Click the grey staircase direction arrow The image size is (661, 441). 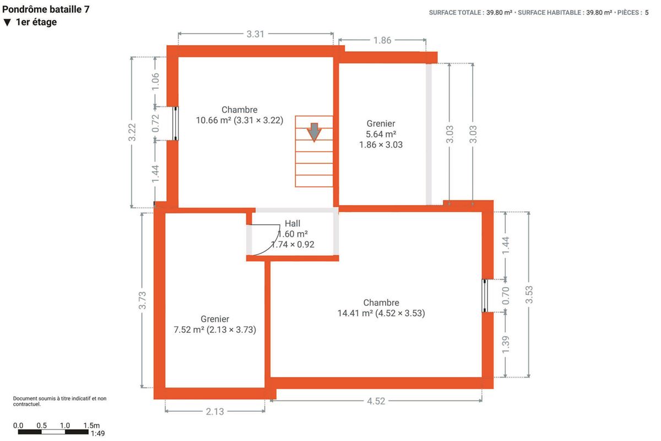pos(314,132)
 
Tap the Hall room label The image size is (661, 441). pos(292,223)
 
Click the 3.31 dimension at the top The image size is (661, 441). pos(255,34)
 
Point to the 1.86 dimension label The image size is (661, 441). pos(382,40)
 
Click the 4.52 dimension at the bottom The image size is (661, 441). pos(376,401)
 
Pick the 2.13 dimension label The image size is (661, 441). pos(215,411)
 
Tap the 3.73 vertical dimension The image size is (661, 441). pos(142,300)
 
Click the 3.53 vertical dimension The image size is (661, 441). pos(529,294)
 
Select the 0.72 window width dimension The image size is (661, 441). pos(155,123)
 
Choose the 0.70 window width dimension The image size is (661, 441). pos(506,295)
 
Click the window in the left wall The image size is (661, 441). pos(175,123)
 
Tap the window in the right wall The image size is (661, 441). pos(485,295)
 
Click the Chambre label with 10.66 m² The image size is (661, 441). pos(239,115)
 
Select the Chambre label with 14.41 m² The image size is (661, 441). pos(381,308)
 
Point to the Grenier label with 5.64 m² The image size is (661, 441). pos(381,134)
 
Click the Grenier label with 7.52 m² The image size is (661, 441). pos(215,324)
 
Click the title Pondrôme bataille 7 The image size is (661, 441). pos(46,9)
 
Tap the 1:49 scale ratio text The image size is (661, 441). pos(97,433)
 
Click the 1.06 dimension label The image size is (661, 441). pos(155,82)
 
